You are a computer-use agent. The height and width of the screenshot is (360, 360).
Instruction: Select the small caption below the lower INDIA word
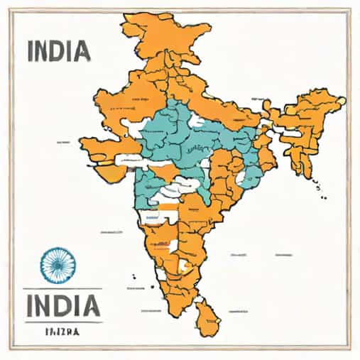pos(62,332)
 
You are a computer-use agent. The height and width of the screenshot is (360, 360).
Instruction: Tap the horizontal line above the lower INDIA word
pos(61,288)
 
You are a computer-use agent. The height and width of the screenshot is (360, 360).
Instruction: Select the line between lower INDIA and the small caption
pos(61,322)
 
